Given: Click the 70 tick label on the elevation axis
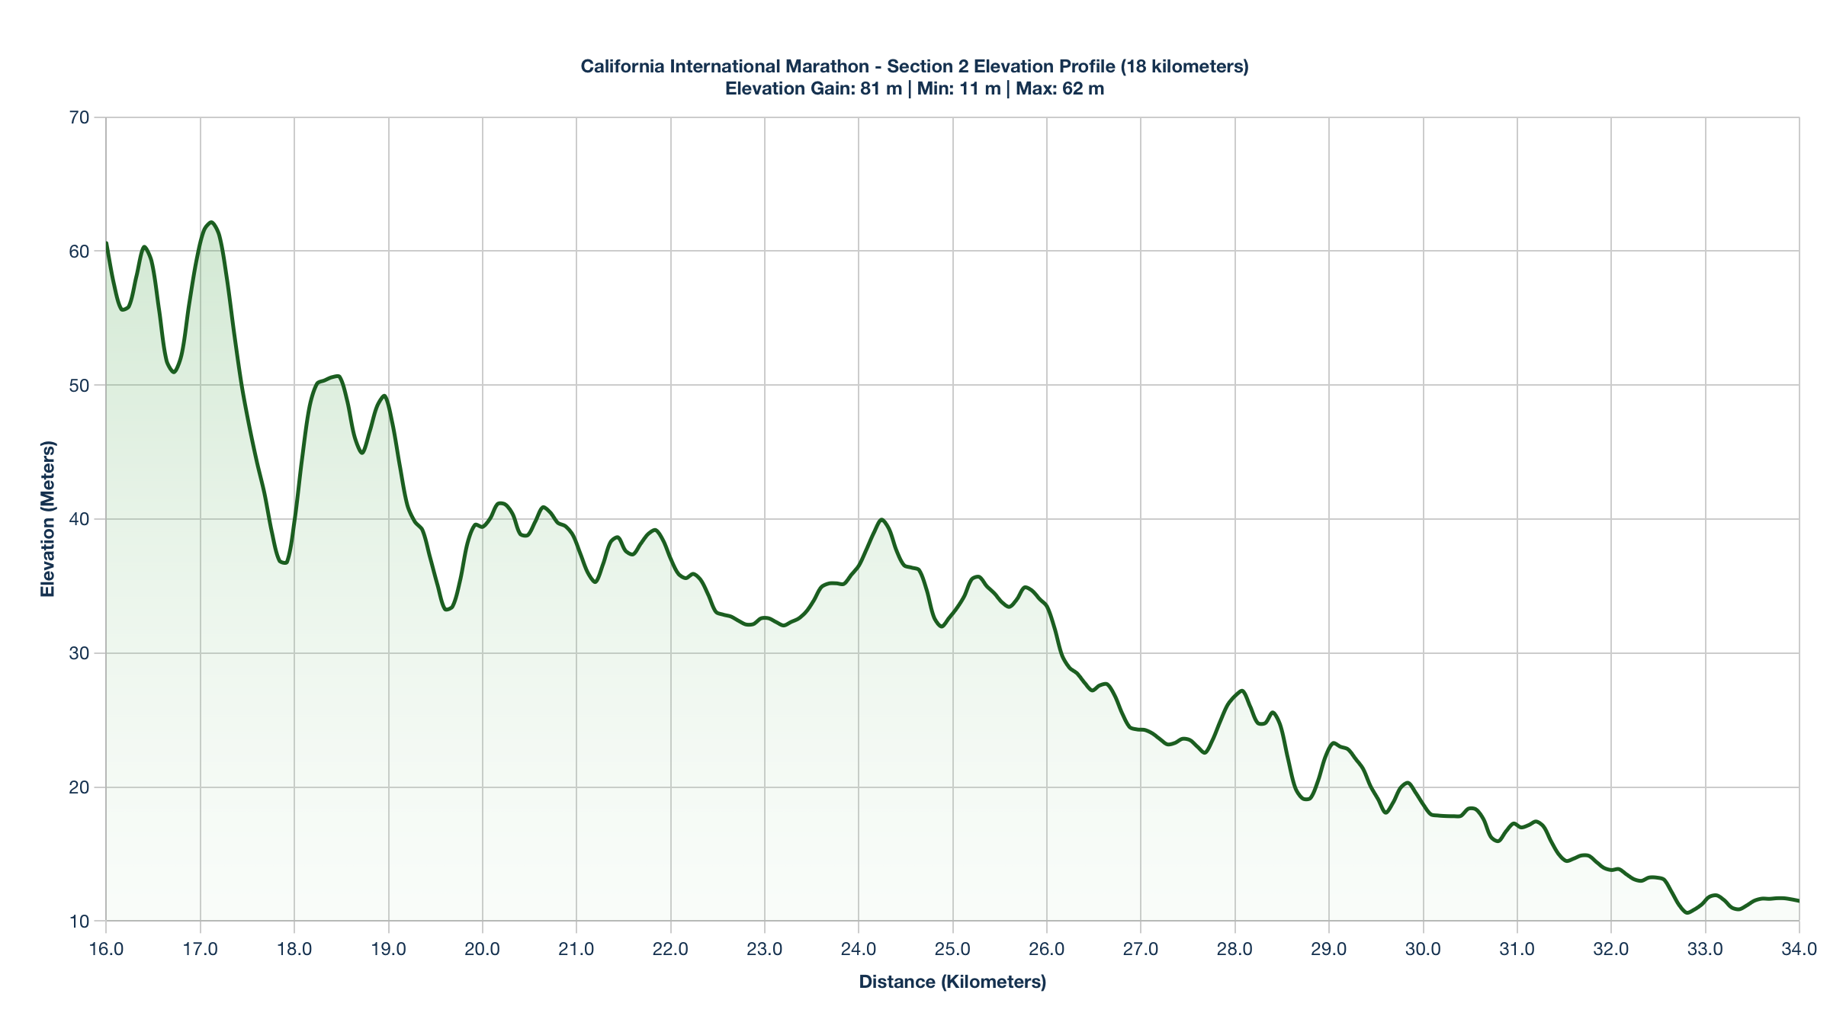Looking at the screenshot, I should tap(79, 117).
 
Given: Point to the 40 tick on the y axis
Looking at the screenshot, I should tap(79, 519).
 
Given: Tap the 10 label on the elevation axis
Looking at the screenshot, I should tap(79, 921).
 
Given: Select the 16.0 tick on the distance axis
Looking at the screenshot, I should tap(106, 949).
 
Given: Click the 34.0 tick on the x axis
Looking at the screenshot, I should tap(1799, 949).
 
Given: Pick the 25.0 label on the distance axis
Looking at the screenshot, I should tap(952, 949).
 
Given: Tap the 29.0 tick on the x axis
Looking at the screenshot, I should tap(1329, 949).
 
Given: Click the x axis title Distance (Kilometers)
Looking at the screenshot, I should tap(952, 982).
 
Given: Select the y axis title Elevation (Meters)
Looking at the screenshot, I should tap(48, 519).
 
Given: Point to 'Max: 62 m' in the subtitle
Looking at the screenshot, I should tap(1060, 88).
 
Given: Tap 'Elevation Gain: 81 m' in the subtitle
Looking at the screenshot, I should tap(814, 88).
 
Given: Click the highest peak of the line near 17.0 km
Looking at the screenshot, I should tap(211, 222).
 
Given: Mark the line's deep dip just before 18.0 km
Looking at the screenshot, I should tap(284, 563).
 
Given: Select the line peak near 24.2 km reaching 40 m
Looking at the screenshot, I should tap(881, 519).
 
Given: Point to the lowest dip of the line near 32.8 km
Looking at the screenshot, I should tap(1688, 912).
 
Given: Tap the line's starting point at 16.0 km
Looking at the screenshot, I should tap(107, 243).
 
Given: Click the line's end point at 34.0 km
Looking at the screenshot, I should tap(1798, 901).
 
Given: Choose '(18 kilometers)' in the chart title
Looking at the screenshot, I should tap(1184, 66).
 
